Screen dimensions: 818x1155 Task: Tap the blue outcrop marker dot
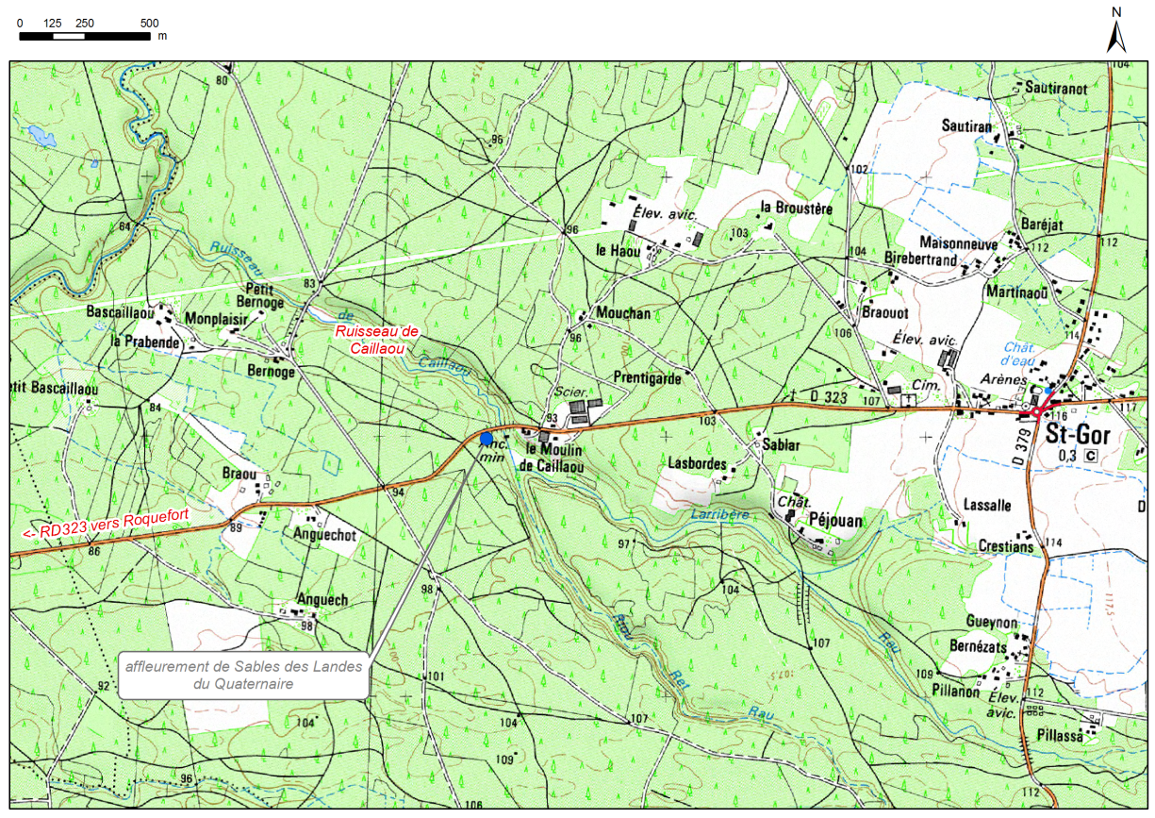[x=486, y=439]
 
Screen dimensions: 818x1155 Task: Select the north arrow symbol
[x=1116, y=34]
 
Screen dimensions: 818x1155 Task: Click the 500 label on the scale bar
[x=149, y=23]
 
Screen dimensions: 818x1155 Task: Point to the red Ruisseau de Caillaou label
[x=378, y=340]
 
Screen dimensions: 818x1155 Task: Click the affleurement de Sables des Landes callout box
[x=243, y=675]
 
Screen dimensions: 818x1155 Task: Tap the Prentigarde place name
[x=647, y=378]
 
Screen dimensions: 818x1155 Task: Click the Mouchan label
[x=623, y=313]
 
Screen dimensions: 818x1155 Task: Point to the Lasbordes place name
[x=697, y=464]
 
